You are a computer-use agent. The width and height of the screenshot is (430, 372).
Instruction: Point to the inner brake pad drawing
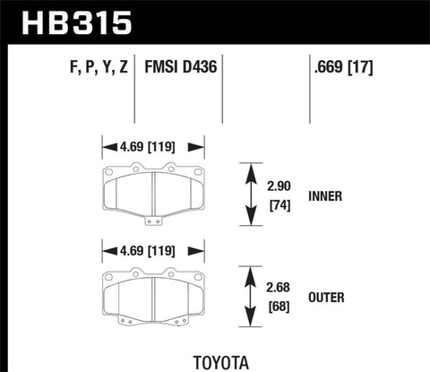coord(153,192)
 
